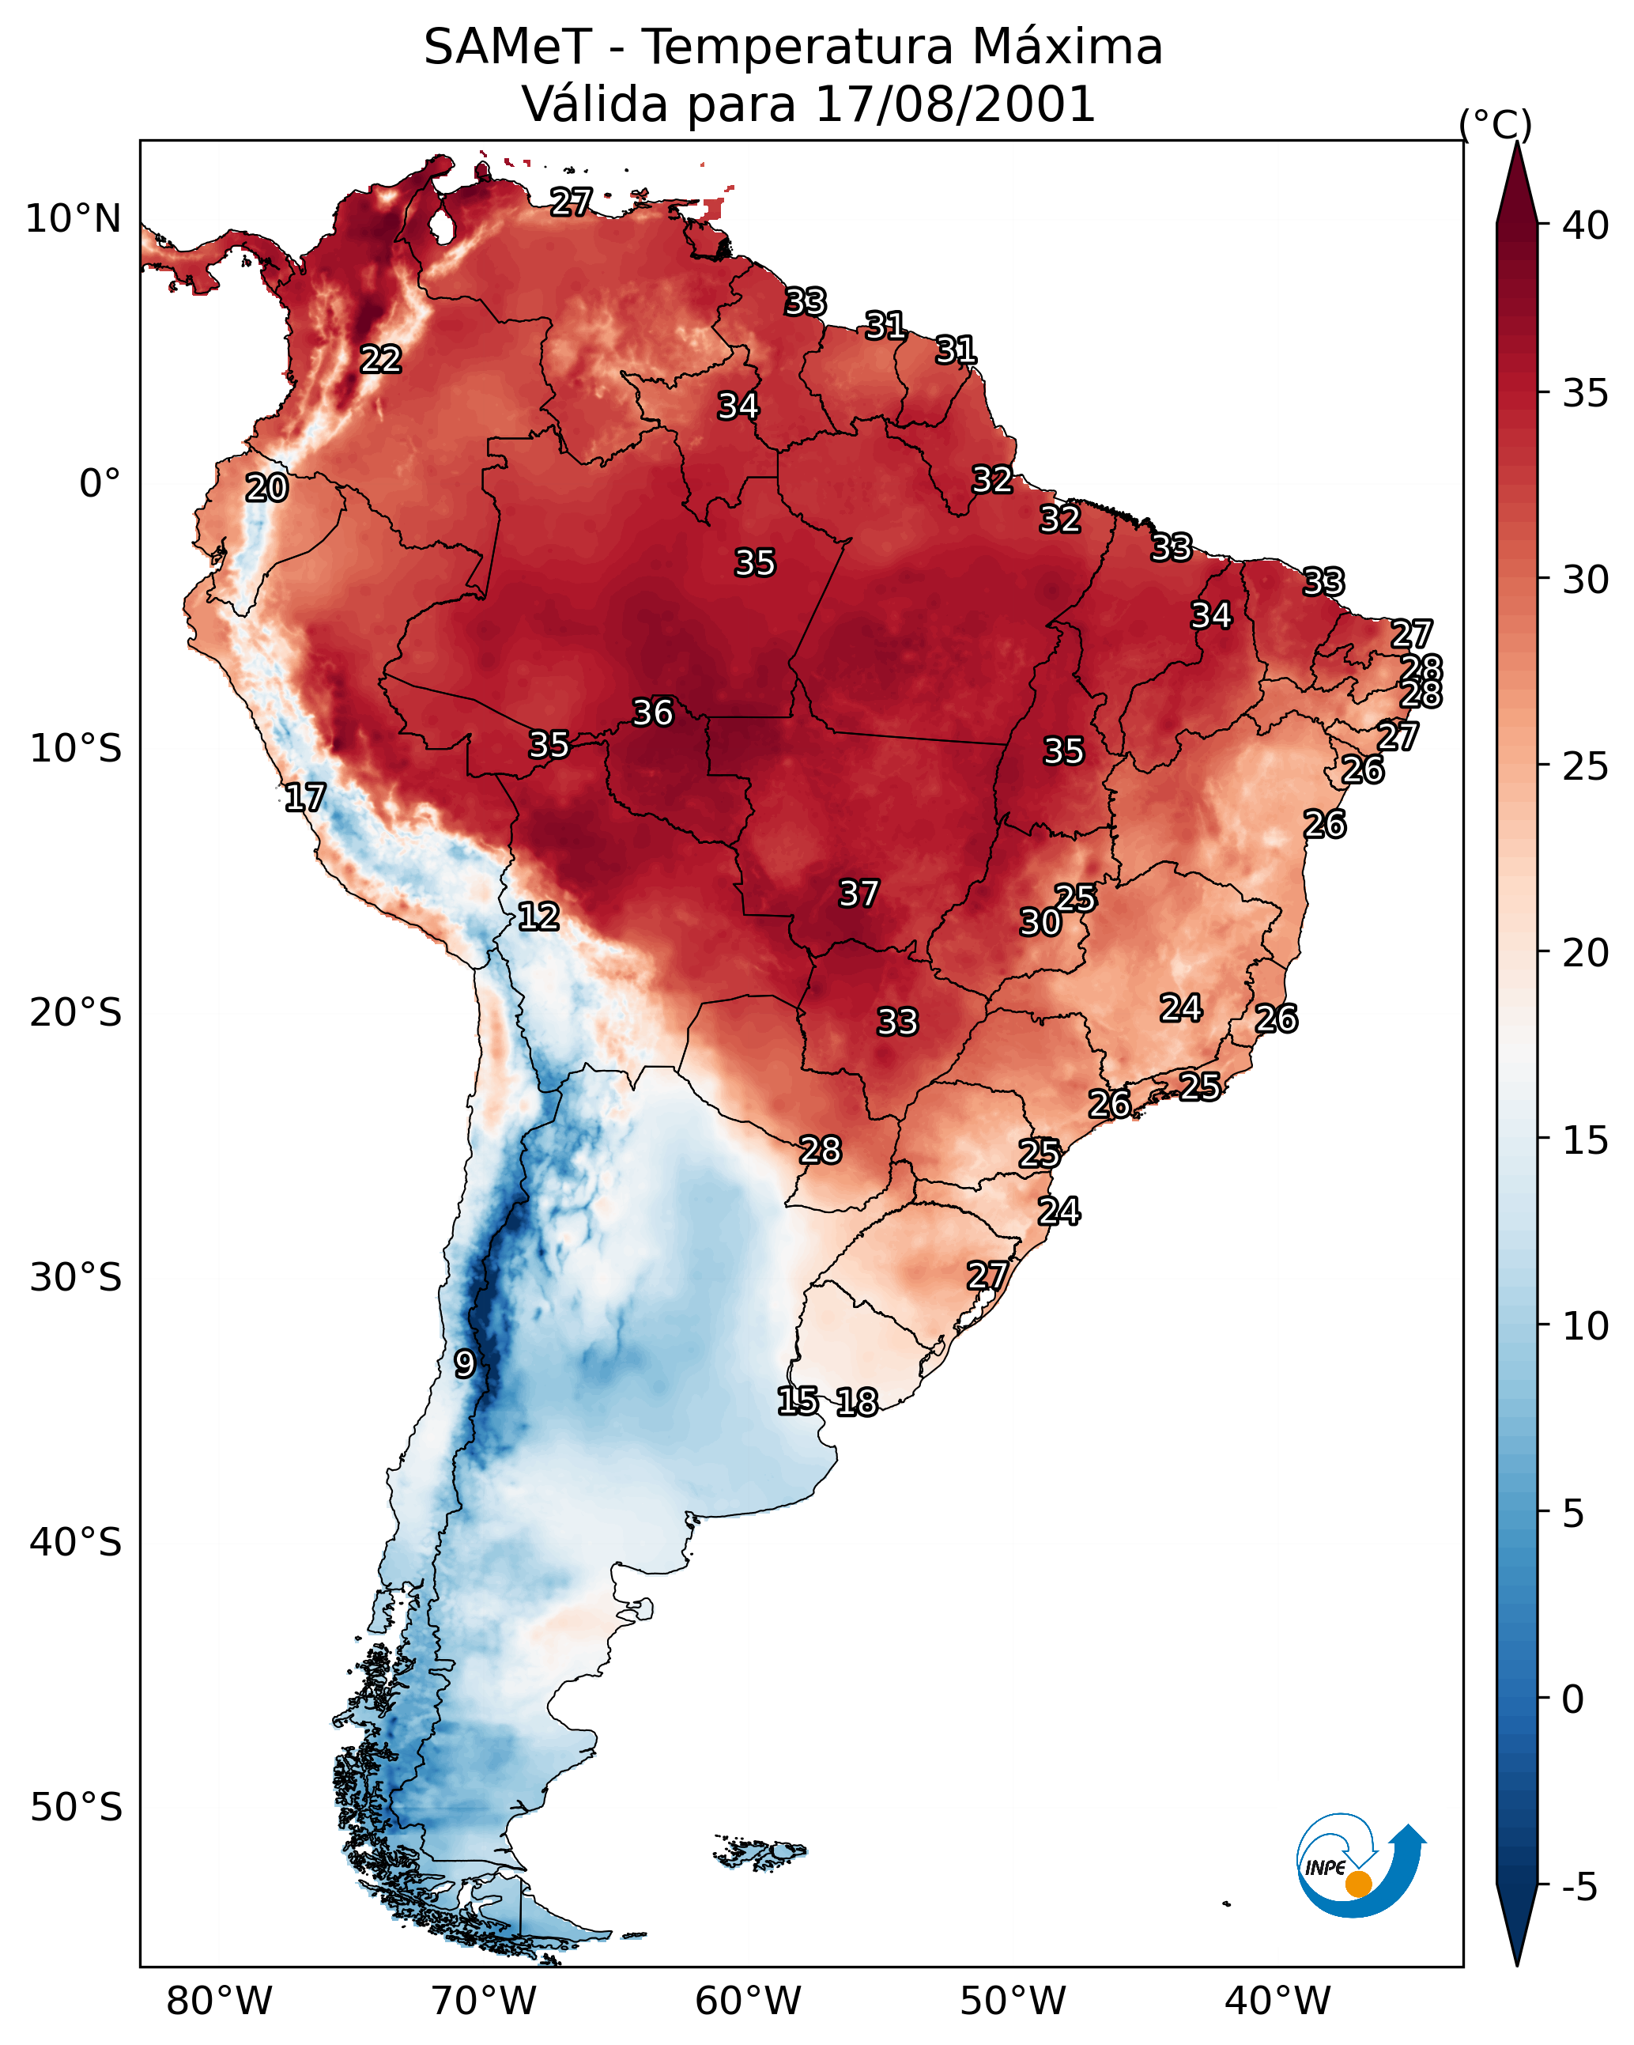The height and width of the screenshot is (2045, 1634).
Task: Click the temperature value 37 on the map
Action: (859, 894)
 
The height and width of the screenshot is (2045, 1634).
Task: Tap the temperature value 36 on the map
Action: (652, 713)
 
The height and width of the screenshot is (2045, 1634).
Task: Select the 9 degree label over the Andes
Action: (464, 1364)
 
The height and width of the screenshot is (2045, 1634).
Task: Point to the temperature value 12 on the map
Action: (538, 917)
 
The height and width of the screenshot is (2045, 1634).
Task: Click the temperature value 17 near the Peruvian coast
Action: (304, 798)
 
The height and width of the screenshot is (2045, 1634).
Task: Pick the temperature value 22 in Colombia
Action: (380, 360)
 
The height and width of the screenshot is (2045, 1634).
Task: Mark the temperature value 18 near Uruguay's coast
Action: (856, 1402)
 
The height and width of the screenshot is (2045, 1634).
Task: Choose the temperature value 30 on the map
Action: (1040, 922)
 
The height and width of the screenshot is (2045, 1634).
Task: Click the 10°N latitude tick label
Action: (73, 219)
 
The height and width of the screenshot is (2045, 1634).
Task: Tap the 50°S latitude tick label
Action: (76, 1808)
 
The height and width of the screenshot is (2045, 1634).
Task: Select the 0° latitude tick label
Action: (100, 484)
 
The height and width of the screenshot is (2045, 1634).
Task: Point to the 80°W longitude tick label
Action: (219, 2002)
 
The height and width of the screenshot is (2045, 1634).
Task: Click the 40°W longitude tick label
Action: (1277, 2002)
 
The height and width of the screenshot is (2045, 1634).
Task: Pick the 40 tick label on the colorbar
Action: (1585, 225)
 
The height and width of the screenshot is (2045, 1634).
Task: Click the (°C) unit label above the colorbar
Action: (1495, 124)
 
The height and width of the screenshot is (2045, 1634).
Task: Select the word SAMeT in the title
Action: (508, 47)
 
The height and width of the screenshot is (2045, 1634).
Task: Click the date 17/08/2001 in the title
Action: (954, 104)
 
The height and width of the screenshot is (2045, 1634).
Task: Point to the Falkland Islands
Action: (760, 1851)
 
